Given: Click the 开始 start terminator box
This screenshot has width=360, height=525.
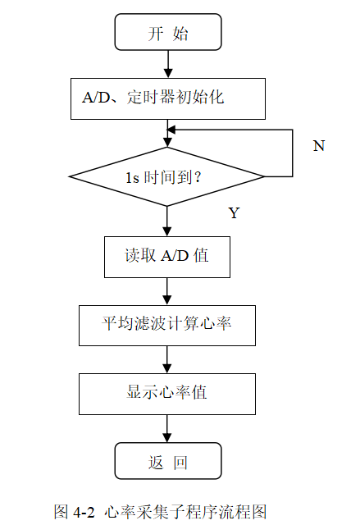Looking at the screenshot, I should click(x=167, y=33).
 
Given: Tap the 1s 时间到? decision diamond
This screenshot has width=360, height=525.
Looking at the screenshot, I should click(x=167, y=176).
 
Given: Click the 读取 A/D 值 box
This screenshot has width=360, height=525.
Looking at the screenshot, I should click(x=167, y=256).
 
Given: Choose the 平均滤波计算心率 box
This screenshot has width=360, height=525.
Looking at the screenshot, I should click(x=167, y=325).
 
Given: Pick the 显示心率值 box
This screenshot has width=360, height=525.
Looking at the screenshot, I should click(x=167, y=393).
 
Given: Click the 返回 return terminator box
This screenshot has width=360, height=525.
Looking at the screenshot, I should click(x=167, y=462).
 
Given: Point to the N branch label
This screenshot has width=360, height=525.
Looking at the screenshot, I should click(x=319, y=146).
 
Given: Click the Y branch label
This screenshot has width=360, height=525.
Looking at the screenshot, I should click(x=234, y=213).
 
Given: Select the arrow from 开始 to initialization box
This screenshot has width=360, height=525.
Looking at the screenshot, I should click(x=167, y=64).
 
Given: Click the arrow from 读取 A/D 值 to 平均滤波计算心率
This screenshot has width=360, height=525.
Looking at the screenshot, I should click(x=167, y=290).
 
